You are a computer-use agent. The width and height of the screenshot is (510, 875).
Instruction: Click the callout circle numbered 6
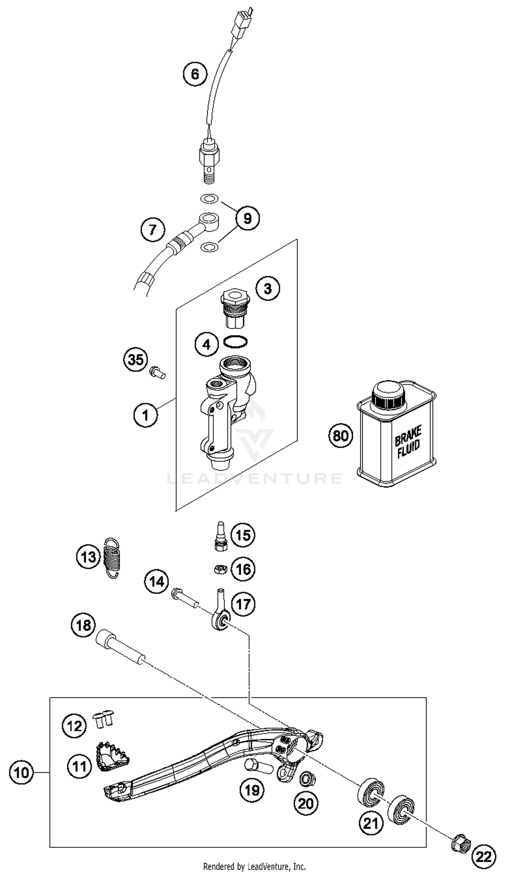coord(195,74)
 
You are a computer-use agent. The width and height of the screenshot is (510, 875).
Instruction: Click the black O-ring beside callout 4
coord(235,342)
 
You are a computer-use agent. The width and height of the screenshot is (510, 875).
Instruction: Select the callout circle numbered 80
coord(340,435)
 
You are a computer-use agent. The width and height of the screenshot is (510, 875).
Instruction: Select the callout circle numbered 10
coord(21,773)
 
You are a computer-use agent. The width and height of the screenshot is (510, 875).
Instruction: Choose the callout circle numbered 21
coord(371,823)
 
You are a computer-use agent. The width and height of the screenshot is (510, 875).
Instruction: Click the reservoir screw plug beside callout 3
coord(235,308)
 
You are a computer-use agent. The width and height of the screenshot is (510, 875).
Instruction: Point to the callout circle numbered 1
coord(146,415)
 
